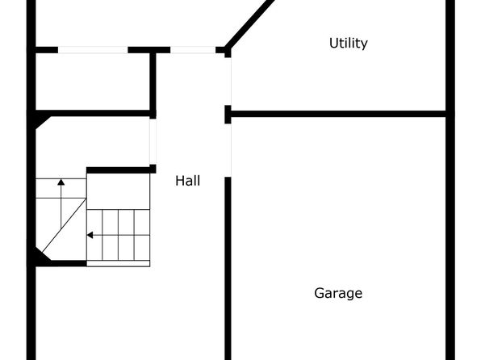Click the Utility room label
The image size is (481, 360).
click(x=348, y=44)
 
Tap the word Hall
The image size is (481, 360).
click(x=188, y=181)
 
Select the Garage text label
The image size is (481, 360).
click(x=338, y=293)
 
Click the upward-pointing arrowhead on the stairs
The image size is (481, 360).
click(x=61, y=182)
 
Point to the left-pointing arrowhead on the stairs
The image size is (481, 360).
click(x=90, y=235)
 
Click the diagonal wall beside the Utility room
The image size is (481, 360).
click(x=250, y=24)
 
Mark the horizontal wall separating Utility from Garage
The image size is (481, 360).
click(x=338, y=114)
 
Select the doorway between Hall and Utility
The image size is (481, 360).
click(x=228, y=82)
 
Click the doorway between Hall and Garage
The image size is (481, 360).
click(x=228, y=150)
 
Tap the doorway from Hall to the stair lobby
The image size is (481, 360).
click(x=153, y=141)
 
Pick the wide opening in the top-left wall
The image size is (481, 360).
click(x=93, y=50)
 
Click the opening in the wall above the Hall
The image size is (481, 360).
click(x=193, y=50)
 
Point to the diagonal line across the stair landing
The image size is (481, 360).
click(x=64, y=225)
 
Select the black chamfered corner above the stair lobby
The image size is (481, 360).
click(x=41, y=120)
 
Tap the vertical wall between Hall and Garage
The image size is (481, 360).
click(x=228, y=268)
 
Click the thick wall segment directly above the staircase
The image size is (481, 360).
click(x=118, y=170)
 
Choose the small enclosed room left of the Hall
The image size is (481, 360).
click(x=93, y=82)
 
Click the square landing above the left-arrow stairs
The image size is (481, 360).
click(x=119, y=191)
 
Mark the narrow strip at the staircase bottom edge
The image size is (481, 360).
click(x=119, y=263)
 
